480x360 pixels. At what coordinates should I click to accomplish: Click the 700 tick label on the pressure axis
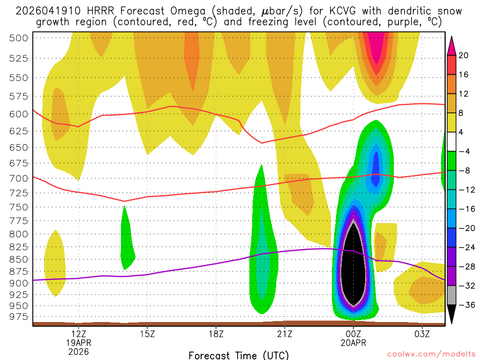(19, 178)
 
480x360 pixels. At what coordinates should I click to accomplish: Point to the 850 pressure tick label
(19, 259)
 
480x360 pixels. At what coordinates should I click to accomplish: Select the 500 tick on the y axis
(19, 38)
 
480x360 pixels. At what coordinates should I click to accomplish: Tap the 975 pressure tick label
(19, 316)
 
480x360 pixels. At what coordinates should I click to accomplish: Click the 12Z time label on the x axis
(79, 334)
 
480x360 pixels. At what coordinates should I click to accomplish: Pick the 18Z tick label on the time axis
(216, 334)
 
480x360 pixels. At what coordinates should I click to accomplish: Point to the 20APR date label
(353, 342)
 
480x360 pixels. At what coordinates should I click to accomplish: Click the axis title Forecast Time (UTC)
(239, 355)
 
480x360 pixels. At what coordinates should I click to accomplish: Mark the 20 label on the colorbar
(464, 55)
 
